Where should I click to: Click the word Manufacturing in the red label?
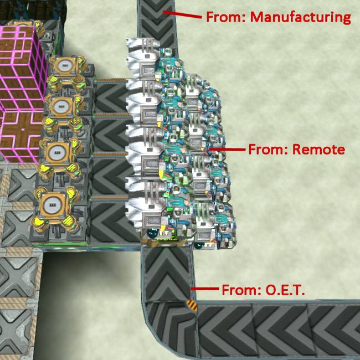[x=300, y=18]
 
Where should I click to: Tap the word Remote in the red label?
[x=318, y=150]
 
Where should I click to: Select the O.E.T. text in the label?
[x=285, y=290]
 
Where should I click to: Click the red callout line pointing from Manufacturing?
[x=182, y=14]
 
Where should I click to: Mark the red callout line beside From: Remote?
[x=227, y=150]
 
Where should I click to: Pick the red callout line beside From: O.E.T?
[x=204, y=289]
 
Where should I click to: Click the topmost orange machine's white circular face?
[x=66, y=66]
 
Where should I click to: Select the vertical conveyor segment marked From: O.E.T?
[x=168, y=273]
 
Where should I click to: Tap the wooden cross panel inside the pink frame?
[x=22, y=133]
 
